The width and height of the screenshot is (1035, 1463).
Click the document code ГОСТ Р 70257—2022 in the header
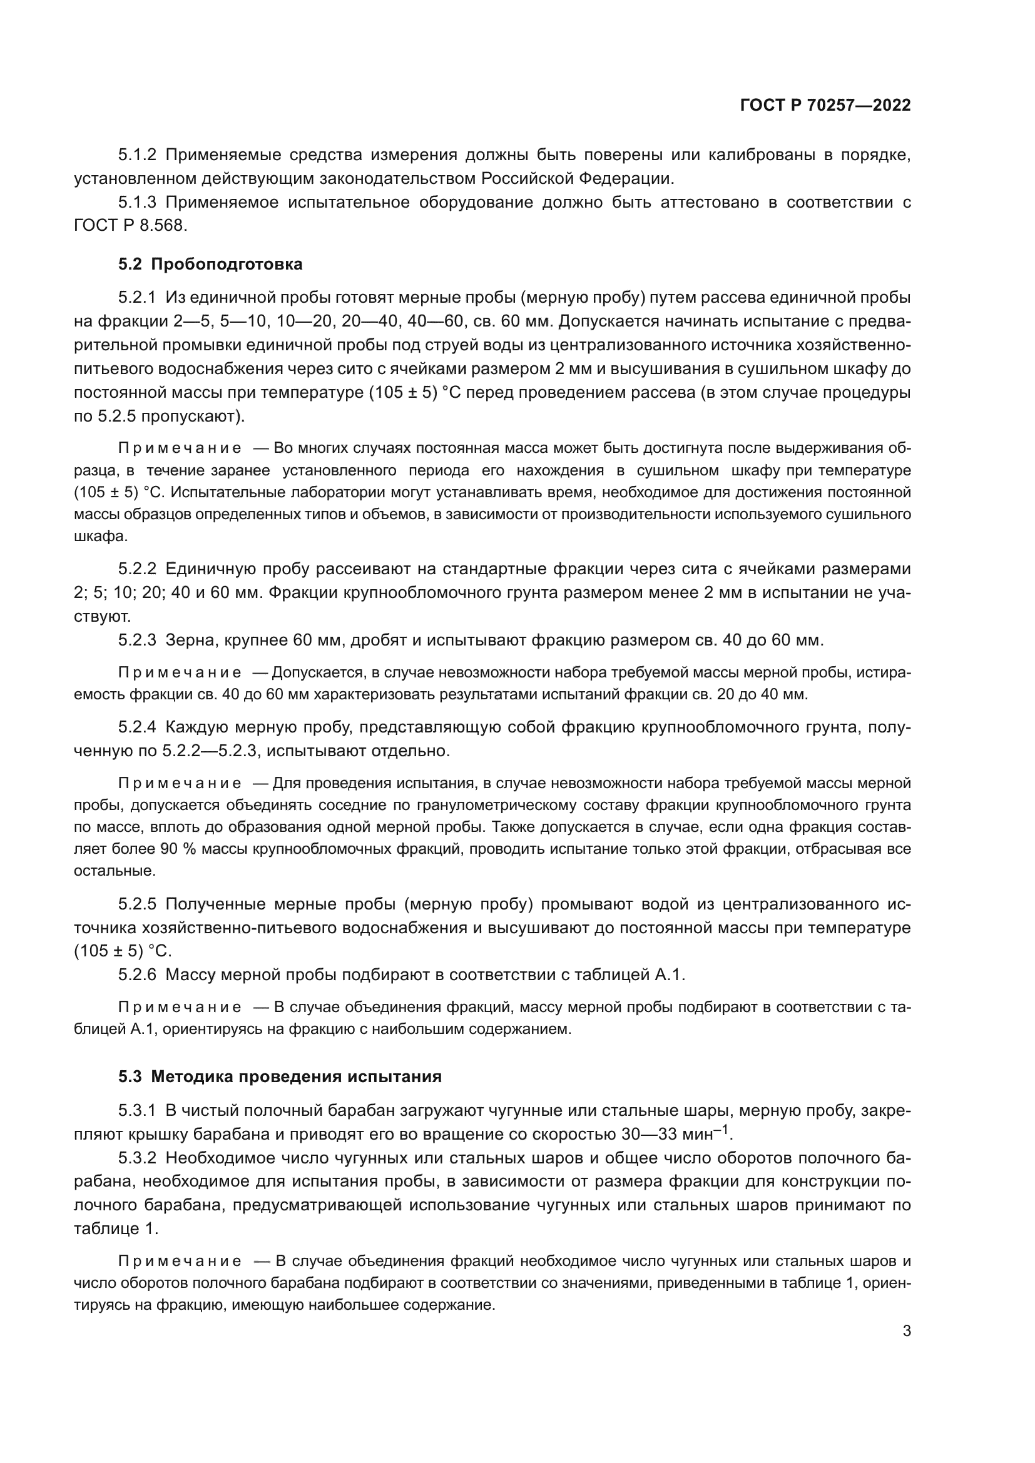coord(825,106)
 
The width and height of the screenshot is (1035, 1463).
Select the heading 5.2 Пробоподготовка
coord(210,264)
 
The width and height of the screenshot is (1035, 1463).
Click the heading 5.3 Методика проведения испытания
coord(279,1077)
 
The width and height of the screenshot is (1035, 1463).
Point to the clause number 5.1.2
coord(137,155)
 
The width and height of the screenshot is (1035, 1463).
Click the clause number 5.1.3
coord(137,203)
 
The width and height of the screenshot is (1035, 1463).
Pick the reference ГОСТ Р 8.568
coord(131,226)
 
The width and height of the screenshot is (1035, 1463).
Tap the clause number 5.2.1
coord(137,297)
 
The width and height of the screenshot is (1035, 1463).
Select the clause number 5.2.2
coord(137,569)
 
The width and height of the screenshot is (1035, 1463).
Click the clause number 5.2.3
coord(137,639)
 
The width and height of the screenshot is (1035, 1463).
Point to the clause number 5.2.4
coord(137,727)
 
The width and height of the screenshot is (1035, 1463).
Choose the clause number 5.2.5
coord(137,904)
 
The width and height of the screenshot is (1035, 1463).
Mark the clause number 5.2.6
coord(137,974)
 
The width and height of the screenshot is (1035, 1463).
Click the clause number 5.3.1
coord(137,1111)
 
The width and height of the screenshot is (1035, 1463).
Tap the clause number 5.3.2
coord(137,1158)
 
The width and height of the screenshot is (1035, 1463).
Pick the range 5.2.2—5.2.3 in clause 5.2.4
coord(210,751)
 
